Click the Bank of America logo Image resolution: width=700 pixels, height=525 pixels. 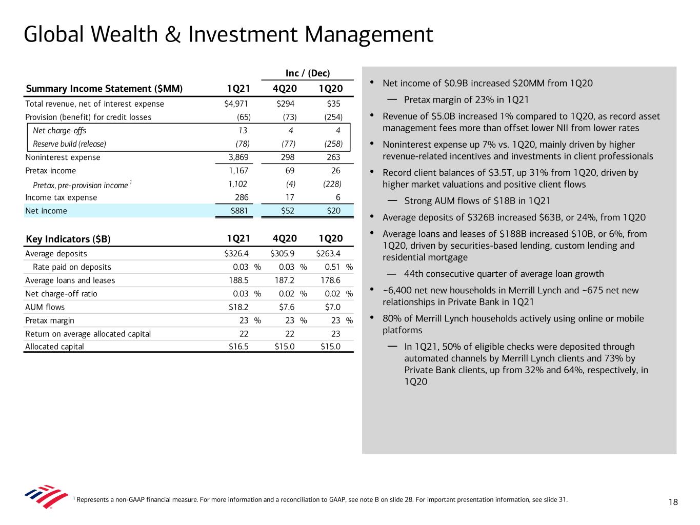point(46,496)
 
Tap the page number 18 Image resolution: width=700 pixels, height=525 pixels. point(673,502)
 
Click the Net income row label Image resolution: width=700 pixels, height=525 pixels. point(46,211)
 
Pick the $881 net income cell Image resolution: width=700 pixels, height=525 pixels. point(239,211)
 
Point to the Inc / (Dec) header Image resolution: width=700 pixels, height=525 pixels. point(308,73)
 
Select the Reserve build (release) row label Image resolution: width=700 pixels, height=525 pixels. point(69,144)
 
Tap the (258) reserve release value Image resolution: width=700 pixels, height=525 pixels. point(333,144)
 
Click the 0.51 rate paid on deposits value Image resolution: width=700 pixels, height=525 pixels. point(333,267)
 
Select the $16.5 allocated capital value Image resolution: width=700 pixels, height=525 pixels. point(238,347)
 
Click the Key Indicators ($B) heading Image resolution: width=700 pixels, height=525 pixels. point(68,239)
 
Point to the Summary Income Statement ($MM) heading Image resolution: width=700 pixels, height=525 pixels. point(104,89)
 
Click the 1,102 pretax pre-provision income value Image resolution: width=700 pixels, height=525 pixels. point(238,184)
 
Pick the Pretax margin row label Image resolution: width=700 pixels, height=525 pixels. point(50,320)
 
